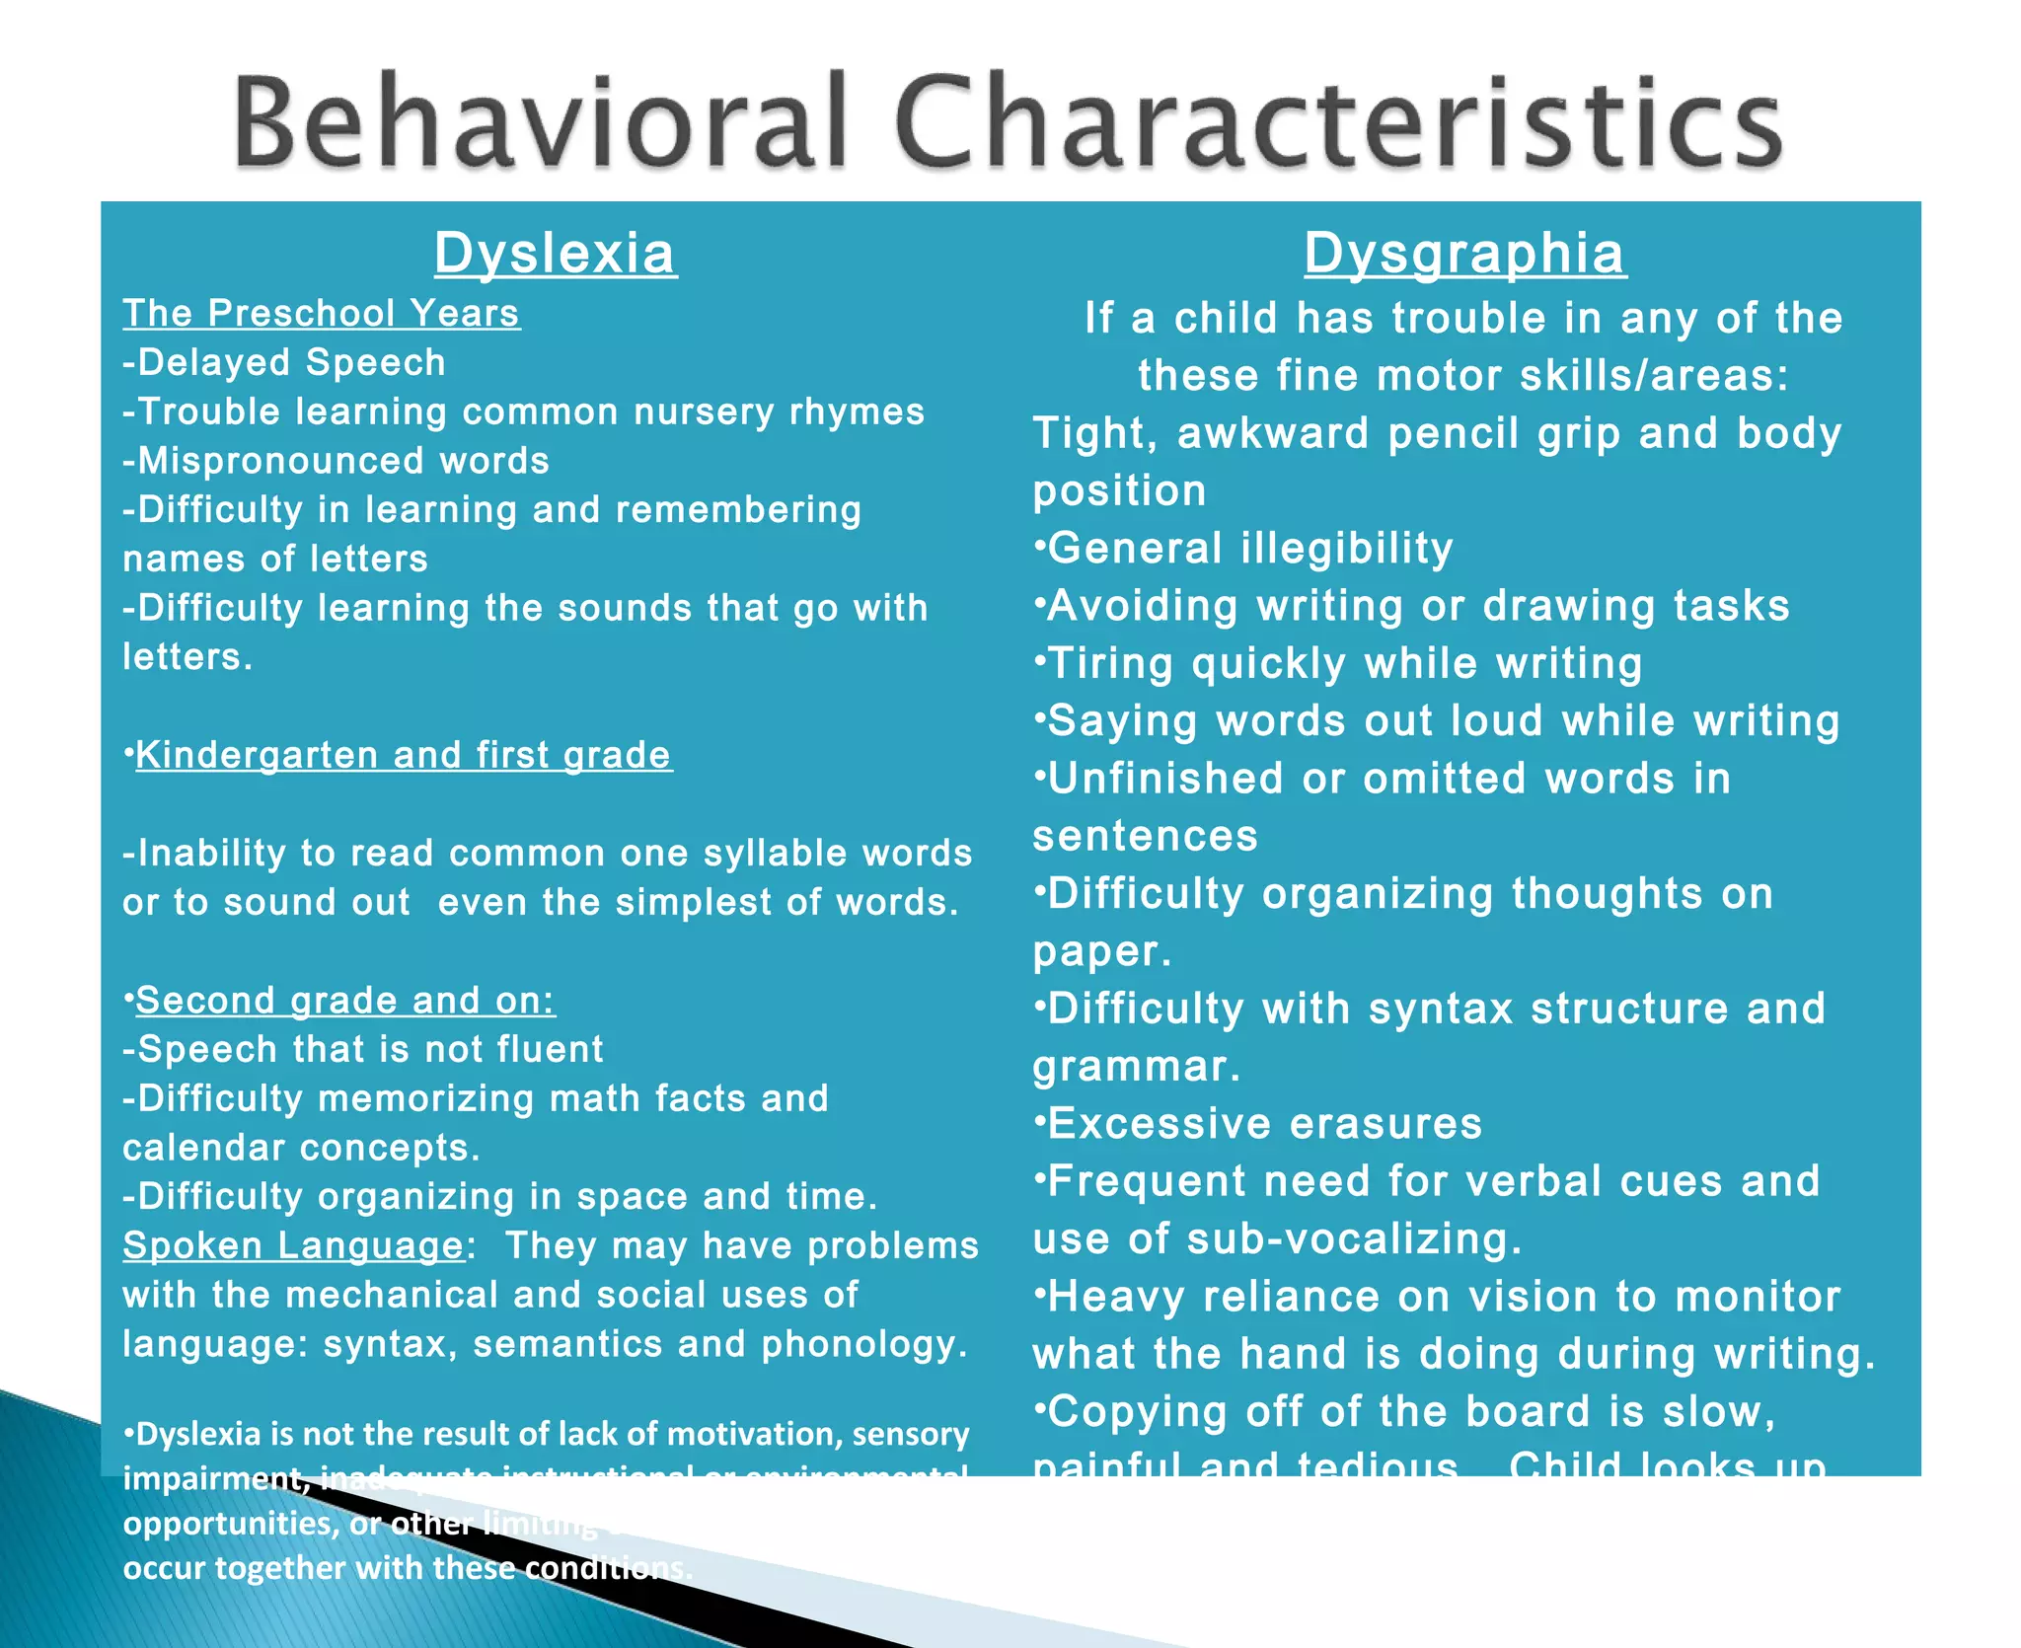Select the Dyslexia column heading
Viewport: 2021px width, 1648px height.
556,254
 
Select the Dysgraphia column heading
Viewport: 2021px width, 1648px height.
1464,254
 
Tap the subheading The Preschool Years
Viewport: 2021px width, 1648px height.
321,314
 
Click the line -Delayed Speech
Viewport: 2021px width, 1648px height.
284,363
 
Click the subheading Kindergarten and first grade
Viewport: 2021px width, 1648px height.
404,755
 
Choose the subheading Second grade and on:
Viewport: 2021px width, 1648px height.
345,1001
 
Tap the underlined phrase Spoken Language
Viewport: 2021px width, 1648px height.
293,1245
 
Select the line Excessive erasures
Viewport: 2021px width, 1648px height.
1264,1124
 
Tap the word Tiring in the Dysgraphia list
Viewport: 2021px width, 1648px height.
1111,664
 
